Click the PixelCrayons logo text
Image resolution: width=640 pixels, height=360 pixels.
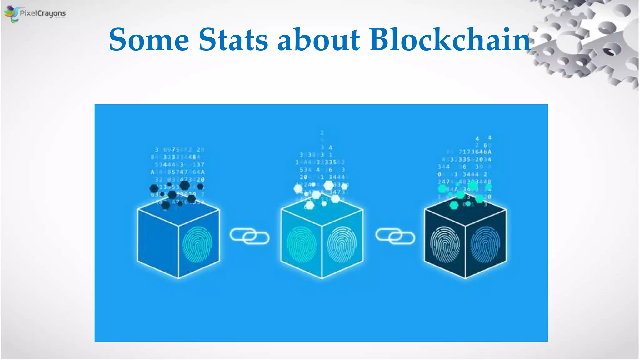pos(43,13)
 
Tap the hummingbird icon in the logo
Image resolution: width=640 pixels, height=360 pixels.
pos(12,14)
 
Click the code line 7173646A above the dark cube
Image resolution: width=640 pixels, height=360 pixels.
pos(475,152)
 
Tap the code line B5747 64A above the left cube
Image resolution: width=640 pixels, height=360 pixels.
pos(186,172)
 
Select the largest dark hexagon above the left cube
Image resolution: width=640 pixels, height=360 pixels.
pos(184,185)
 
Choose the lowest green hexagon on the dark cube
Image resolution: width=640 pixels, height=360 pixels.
pos(454,205)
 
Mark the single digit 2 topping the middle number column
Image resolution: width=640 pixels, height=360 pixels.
pos(322,133)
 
